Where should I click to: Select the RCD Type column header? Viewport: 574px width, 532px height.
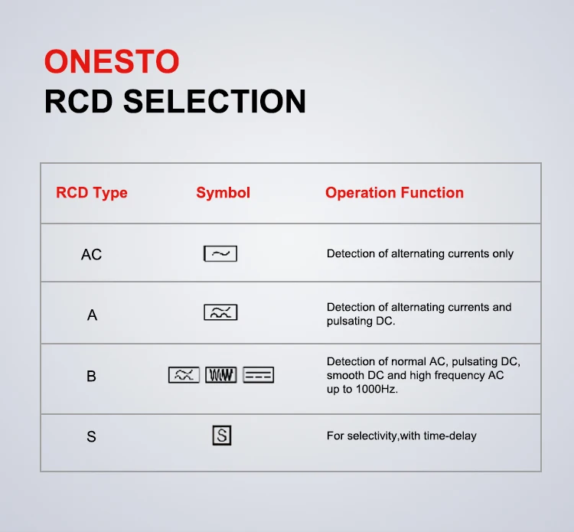92,193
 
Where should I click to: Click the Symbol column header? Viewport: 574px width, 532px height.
223,193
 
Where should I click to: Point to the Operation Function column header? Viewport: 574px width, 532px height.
394,193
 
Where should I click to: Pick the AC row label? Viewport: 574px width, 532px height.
91,254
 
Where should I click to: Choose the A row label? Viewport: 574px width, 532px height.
92,315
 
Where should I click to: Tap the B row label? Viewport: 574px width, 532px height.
91,376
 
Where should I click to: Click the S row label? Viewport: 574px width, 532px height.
91,437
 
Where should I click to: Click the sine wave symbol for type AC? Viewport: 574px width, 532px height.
220,253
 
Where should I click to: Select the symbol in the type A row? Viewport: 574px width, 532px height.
220,312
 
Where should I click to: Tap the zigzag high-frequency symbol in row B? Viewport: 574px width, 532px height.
220,375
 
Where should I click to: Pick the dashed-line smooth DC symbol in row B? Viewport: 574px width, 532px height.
258,375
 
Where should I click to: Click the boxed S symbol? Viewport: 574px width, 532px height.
221,436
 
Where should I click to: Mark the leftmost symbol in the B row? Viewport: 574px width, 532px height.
184,375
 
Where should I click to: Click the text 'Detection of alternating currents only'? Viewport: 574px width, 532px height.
420,253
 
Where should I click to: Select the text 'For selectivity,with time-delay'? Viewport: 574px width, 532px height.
401,436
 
